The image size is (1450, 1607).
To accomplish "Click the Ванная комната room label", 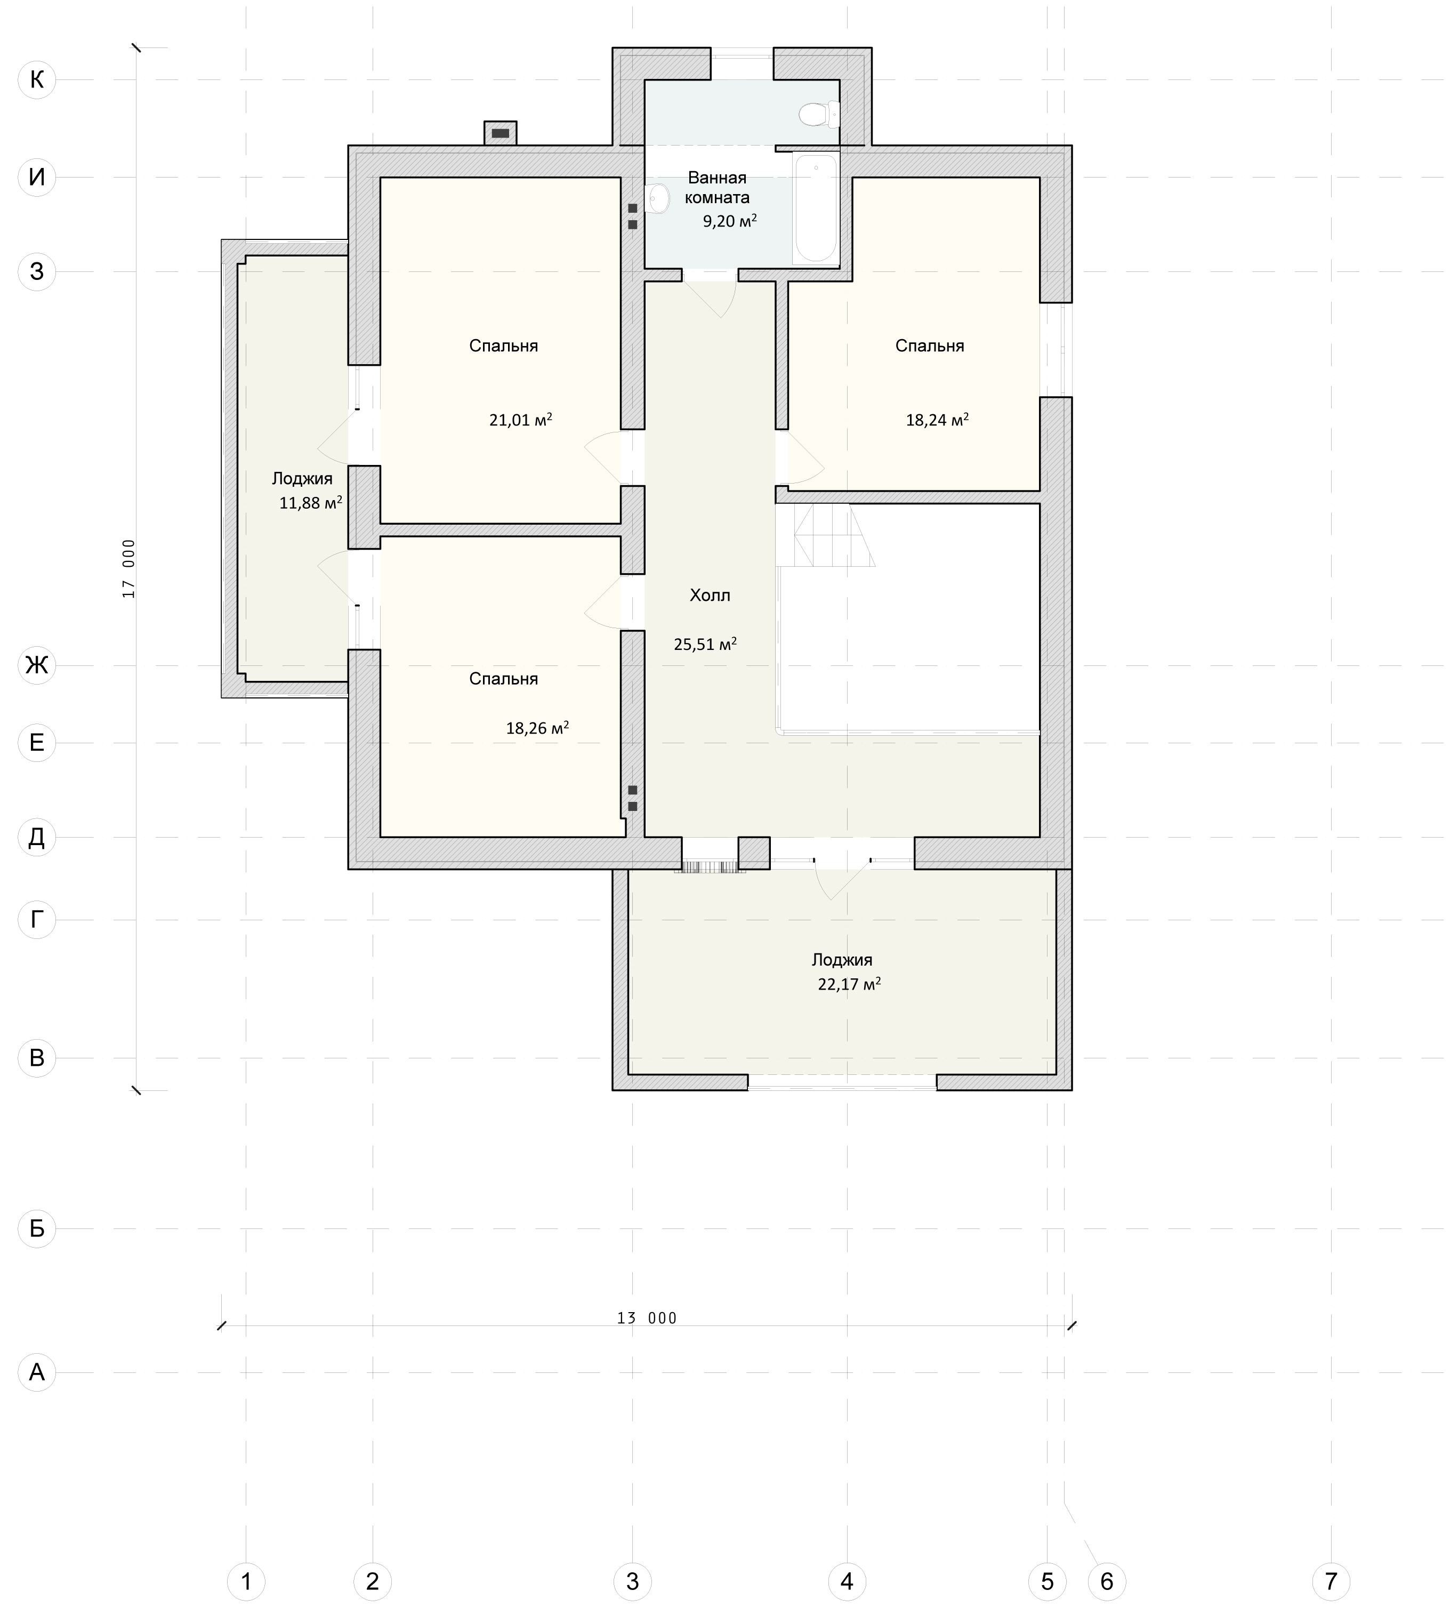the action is pyautogui.click(x=717, y=187).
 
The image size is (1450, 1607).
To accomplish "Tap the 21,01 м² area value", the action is pyautogui.click(x=520, y=419).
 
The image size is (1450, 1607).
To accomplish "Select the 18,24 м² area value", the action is pyautogui.click(x=937, y=419).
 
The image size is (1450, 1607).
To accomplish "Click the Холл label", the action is pyautogui.click(x=710, y=595).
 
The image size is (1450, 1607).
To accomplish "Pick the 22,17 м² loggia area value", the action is pyautogui.click(x=849, y=983).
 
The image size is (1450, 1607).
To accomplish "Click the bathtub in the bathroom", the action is pyautogui.click(x=815, y=208).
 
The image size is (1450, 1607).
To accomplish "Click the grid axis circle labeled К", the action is pyautogui.click(x=37, y=79).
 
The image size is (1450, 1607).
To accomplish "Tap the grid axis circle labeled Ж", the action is pyautogui.click(x=37, y=665).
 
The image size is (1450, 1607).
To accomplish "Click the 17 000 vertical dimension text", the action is pyautogui.click(x=129, y=569).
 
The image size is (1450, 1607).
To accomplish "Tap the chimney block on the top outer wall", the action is pyautogui.click(x=501, y=133).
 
